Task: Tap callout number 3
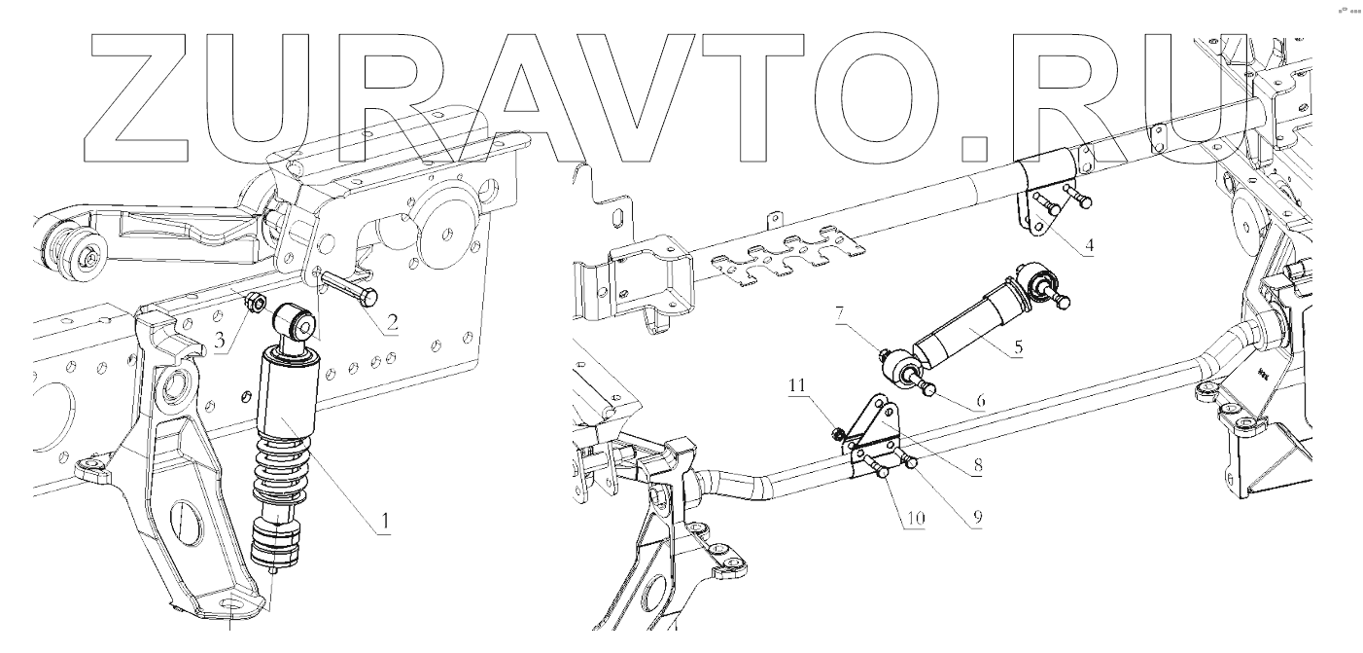tap(221, 341)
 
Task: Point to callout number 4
tap(1089, 244)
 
